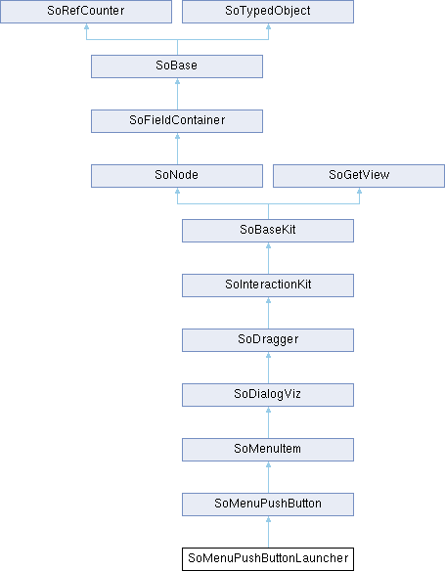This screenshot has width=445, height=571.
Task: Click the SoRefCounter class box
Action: [x=86, y=12]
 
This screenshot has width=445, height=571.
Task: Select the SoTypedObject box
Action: [x=268, y=12]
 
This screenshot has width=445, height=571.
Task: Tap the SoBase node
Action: [x=177, y=66]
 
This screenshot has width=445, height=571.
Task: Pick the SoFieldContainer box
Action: [x=177, y=121]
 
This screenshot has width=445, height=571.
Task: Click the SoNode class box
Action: [x=177, y=176]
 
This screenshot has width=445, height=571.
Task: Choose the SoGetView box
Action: [x=359, y=176]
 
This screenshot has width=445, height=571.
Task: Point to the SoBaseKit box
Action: [x=268, y=231]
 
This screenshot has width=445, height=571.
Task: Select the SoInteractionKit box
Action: [x=268, y=285]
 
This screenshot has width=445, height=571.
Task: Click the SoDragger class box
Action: [x=268, y=340]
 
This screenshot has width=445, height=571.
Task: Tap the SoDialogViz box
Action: [x=268, y=395]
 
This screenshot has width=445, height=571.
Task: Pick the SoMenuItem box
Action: [x=268, y=450]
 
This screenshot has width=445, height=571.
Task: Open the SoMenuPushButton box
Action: [x=268, y=505]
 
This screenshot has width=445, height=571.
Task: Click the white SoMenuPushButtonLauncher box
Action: [x=268, y=559]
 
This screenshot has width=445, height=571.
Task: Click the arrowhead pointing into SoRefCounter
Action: [x=86, y=26]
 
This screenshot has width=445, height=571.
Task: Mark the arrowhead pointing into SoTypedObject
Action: [x=268, y=26]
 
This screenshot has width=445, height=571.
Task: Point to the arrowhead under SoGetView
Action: [x=360, y=191]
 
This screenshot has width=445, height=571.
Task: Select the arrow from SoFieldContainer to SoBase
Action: [x=177, y=94]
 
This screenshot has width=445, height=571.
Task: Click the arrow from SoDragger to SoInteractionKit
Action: [x=268, y=313]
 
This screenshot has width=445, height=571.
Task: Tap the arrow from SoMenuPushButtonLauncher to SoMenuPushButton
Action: [x=268, y=532]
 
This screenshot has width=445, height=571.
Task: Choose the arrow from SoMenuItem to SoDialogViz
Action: [x=268, y=422]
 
